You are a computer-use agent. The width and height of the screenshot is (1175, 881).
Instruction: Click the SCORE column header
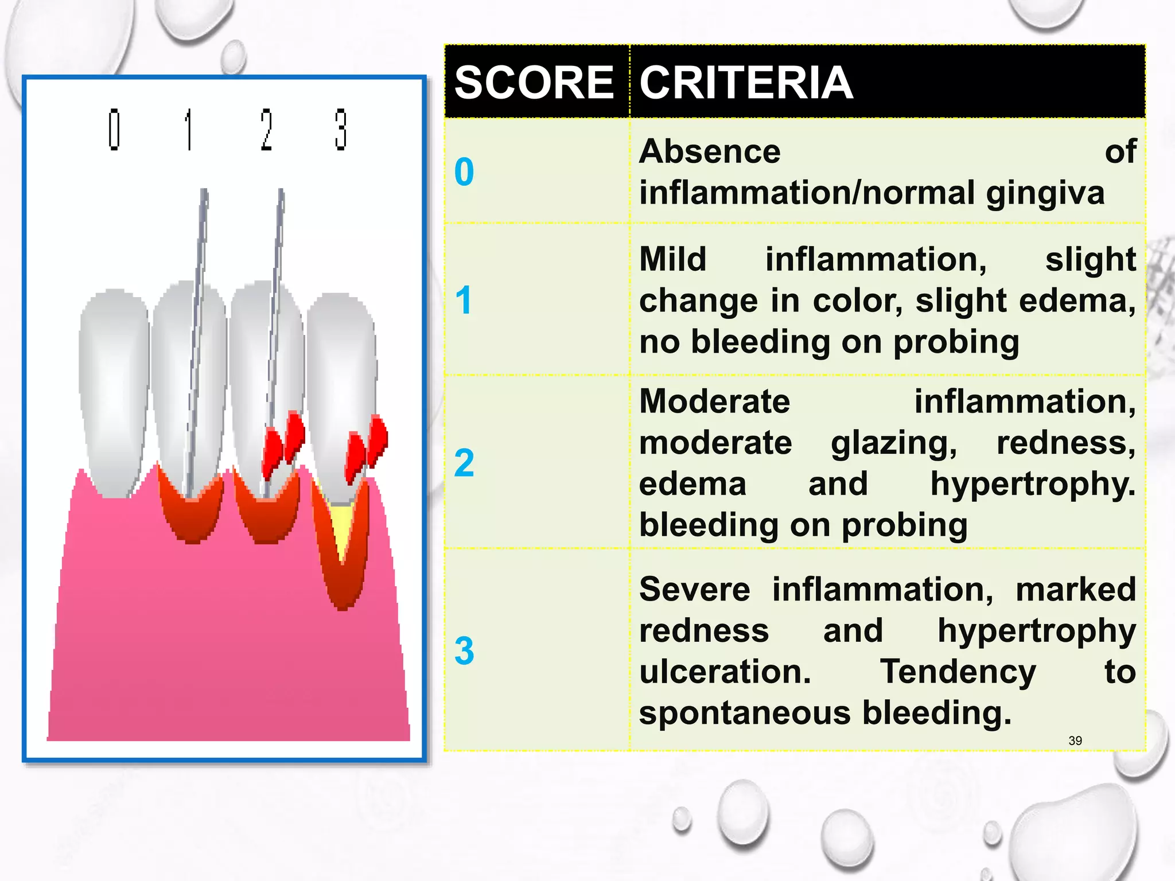pyautogui.click(x=534, y=83)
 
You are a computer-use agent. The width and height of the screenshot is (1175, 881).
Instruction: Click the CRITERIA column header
pyautogui.click(x=746, y=83)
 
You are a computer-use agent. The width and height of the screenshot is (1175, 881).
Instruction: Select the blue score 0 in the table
pyautogui.click(x=464, y=172)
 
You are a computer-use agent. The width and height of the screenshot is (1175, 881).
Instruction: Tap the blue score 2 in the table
pyautogui.click(x=464, y=463)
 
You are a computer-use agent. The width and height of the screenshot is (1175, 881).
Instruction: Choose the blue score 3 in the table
pyautogui.click(x=464, y=651)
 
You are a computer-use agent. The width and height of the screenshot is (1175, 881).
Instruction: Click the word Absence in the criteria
pyautogui.click(x=710, y=152)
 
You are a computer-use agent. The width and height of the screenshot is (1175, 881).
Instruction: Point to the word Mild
pyautogui.click(x=672, y=259)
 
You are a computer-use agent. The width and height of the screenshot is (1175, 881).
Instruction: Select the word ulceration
pyautogui.click(x=725, y=672)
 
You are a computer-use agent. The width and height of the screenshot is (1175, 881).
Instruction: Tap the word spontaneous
pyautogui.click(x=745, y=713)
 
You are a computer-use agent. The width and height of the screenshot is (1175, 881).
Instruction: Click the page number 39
pyautogui.click(x=1075, y=740)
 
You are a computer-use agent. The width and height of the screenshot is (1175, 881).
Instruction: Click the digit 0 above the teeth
pyautogui.click(x=114, y=130)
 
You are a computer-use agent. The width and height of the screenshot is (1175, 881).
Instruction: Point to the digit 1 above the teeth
pyautogui.click(x=188, y=130)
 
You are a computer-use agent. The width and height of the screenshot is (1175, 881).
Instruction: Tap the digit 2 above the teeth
pyautogui.click(x=266, y=130)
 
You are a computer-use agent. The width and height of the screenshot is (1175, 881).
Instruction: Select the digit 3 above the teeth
pyautogui.click(x=341, y=130)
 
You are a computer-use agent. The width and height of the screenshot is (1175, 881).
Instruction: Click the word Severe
pyautogui.click(x=694, y=590)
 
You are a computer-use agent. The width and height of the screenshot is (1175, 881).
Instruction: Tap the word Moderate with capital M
pyautogui.click(x=714, y=401)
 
